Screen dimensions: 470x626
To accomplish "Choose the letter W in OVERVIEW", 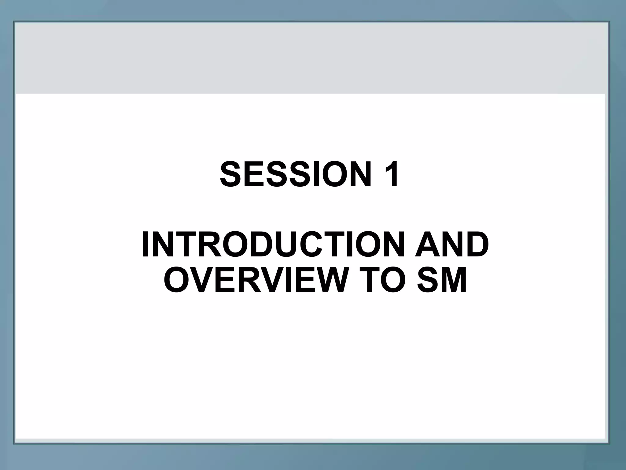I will click(x=324, y=280).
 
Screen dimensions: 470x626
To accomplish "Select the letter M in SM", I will click(x=454, y=280).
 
